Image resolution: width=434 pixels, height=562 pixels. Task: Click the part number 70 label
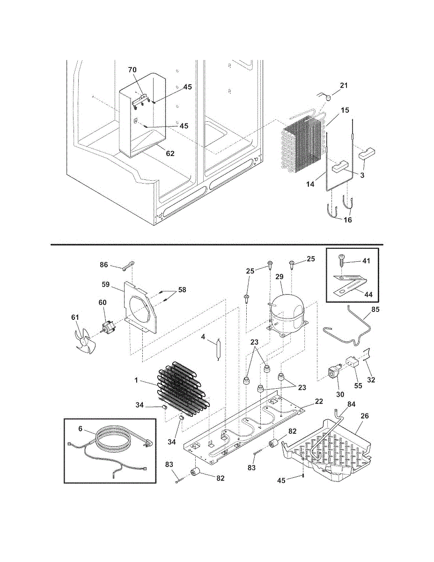point(132,70)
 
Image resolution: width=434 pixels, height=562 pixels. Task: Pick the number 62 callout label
point(170,153)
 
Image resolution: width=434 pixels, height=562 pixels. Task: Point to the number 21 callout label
point(344,85)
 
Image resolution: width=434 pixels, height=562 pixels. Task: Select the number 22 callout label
point(319,401)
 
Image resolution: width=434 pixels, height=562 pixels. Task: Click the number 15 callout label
point(345,110)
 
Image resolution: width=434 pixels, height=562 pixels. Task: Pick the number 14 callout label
point(310,184)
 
